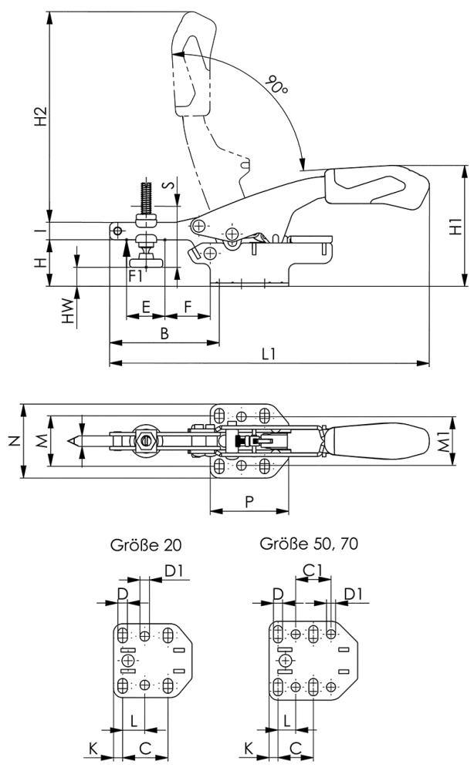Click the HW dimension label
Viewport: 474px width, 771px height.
tap(69, 306)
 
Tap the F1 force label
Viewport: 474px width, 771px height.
tap(135, 273)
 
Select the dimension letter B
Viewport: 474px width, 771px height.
tap(164, 332)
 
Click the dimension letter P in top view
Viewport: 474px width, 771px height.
tap(249, 501)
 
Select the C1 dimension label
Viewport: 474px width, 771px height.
tap(312, 571)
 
